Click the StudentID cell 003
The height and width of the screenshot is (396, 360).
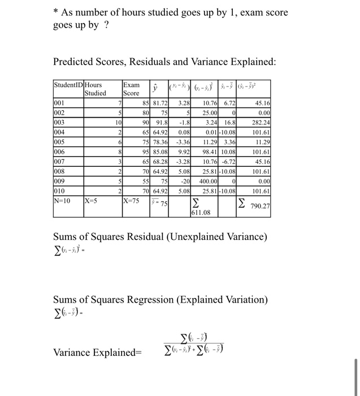coord(59,120)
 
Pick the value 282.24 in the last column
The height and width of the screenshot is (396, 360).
coord(261,120)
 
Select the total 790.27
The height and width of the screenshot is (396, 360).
coord(260,206)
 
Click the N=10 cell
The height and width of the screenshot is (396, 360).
coord(62,200)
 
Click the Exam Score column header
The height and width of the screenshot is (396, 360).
coord(131,89)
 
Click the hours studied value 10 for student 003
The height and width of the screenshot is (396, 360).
coord(117,120)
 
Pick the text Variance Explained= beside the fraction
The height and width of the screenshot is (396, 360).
coord(98,353)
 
